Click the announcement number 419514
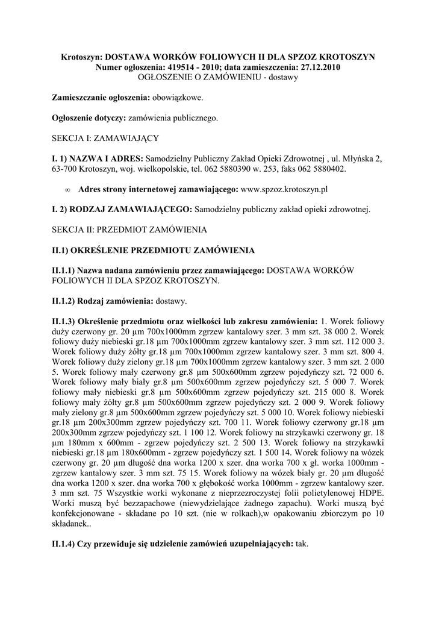(182, 67)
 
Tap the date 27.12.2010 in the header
(318, 67)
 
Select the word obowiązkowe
(177, 96)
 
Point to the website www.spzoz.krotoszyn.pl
(284, 189)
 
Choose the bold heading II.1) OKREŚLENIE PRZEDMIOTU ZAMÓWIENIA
(154, 249)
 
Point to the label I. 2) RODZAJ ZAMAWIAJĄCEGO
(122, 209)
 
